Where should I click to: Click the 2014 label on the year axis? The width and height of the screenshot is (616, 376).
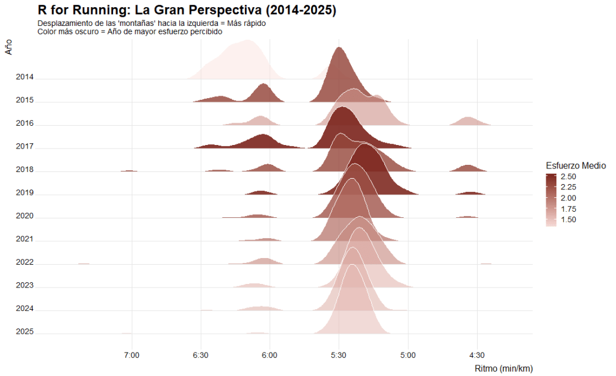coord(25,78)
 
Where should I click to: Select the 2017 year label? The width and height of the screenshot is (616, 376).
coord(25,147)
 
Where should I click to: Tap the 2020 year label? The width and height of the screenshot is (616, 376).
coord(25,216)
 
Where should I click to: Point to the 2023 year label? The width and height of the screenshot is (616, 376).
coord(25,286)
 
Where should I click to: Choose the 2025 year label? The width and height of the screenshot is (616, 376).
coord(25,332)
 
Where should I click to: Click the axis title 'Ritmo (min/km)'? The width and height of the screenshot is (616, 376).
coord(504,368)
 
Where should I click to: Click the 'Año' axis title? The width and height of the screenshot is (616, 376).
coord(8,47)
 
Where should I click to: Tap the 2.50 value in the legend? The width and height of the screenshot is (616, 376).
coord(568,177)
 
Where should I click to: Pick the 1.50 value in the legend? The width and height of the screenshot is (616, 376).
coord(568,220)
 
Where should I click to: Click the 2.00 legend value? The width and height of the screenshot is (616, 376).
coord(568,198)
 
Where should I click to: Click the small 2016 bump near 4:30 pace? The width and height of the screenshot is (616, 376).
coord(469,122)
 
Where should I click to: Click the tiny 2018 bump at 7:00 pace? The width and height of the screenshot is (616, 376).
coord(129,171)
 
